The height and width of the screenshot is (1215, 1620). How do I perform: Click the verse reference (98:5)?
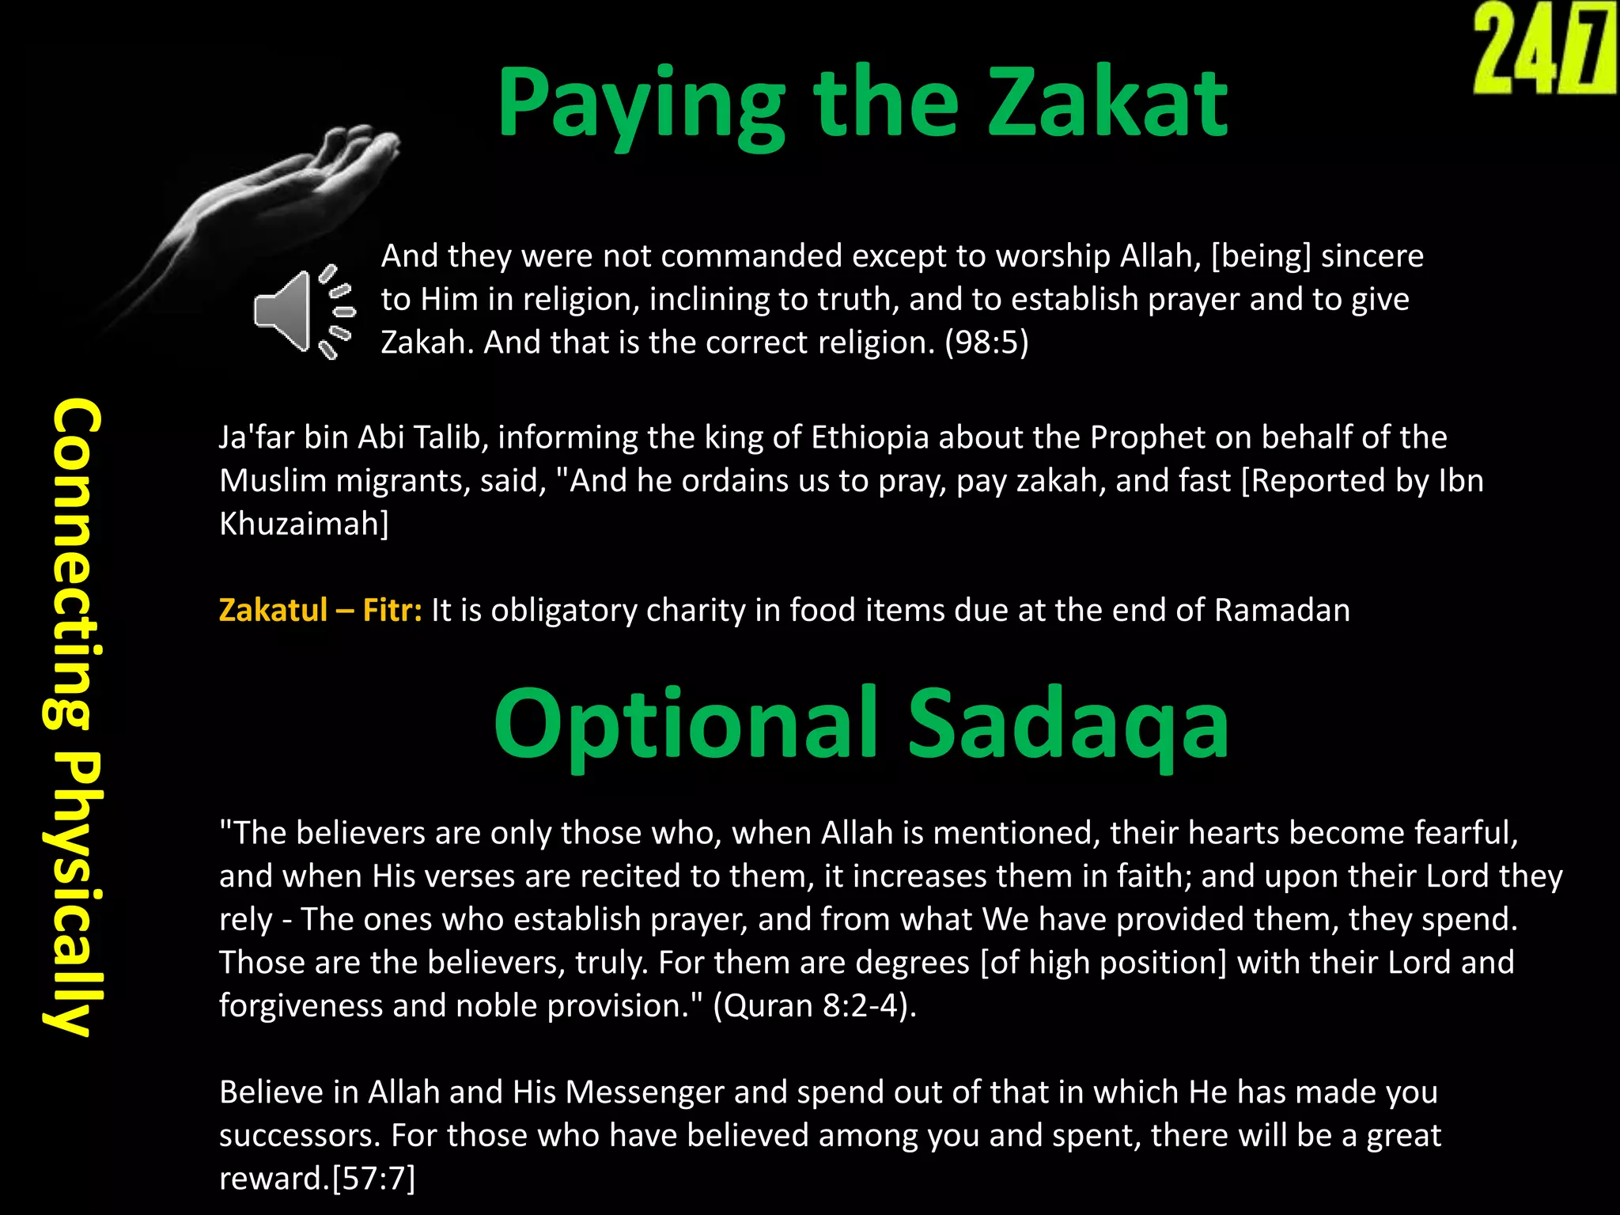click(986, 343)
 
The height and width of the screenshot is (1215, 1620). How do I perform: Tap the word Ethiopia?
click(870, 437)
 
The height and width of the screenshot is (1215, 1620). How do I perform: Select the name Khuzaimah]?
click(304, 524)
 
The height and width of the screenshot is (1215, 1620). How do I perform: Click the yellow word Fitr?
click(392, 611)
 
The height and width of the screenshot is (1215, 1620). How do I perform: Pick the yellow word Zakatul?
click(273, 611)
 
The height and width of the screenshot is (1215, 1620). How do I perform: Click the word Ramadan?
click(1281, 611)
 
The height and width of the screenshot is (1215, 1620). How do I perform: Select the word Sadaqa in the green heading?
click(1068, 724)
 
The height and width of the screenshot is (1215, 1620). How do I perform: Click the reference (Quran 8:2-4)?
click(815, 1006)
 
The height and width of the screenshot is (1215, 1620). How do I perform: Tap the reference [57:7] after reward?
click(373, 1179)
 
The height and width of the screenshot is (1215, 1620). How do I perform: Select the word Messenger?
click(645, 1092)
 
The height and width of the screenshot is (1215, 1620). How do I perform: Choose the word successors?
click(300, 1136)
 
